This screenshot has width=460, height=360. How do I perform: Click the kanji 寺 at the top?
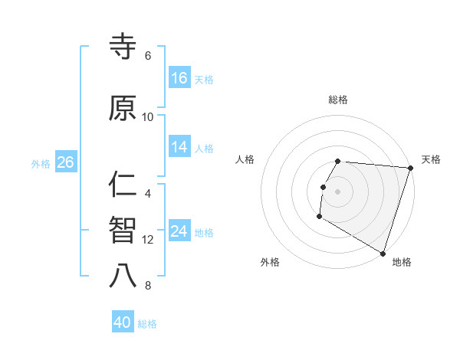123,48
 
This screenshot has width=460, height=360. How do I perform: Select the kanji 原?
123,109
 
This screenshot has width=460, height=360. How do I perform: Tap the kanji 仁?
123,185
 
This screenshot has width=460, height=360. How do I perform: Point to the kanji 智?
123,231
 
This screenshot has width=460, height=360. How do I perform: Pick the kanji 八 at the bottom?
123,276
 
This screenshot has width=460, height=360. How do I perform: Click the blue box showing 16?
179,77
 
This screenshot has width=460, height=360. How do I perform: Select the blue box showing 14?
179,147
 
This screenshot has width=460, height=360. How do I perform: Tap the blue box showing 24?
179,231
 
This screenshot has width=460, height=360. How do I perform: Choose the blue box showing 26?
65,162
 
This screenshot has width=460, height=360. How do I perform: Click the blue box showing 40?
123,322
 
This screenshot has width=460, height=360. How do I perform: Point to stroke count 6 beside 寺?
148,56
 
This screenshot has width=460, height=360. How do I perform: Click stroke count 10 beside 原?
148,117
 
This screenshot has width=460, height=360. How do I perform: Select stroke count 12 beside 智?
148,240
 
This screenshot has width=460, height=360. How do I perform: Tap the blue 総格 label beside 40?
147,324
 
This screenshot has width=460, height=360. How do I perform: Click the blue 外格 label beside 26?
41,163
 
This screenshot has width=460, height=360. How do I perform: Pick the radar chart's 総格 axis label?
338,100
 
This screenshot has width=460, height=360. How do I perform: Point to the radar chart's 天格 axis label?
431,159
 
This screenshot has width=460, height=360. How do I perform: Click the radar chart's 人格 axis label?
245,159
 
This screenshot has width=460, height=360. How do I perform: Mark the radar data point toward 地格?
383,252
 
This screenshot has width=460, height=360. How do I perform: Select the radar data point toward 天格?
410,168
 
